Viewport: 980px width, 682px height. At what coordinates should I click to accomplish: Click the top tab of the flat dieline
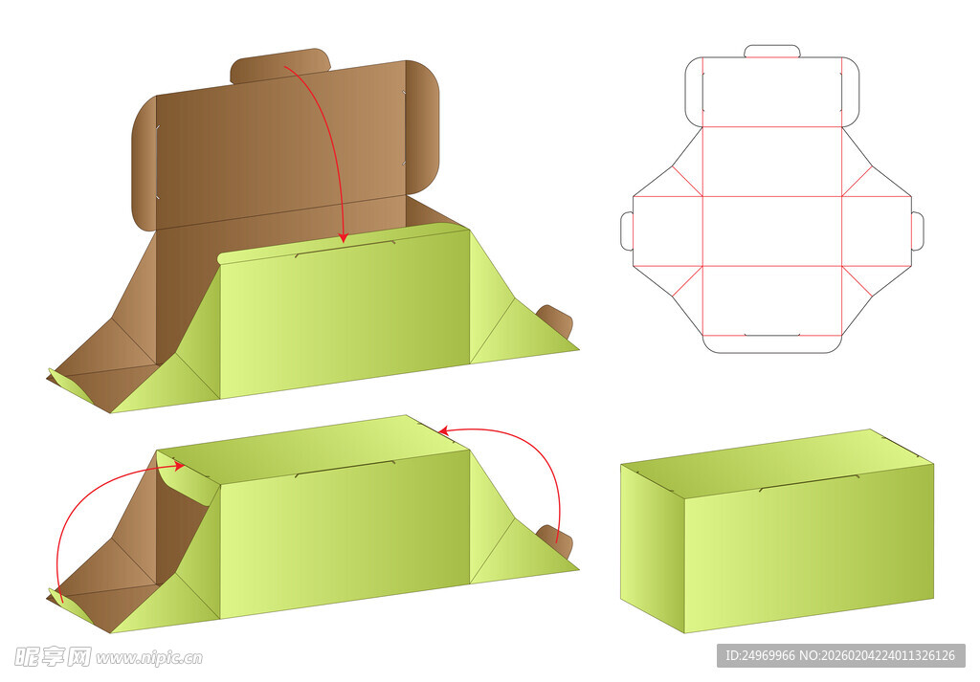click(772, 52)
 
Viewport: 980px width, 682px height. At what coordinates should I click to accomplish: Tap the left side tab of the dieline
click(627, 231)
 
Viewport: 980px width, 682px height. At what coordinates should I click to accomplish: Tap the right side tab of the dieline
click(917, 231)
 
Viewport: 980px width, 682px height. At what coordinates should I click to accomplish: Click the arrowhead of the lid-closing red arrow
click(343, 238)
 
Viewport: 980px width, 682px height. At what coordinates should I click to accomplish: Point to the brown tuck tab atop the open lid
click(279, 66)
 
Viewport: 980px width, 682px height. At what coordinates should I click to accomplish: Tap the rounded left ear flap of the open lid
click(144, 164)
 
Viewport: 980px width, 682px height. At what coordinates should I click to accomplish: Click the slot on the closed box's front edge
click(809, 483)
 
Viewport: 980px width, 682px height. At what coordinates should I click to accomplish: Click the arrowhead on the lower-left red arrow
click(179, 466)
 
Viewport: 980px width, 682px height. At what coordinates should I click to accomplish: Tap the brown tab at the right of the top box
click(556, 319)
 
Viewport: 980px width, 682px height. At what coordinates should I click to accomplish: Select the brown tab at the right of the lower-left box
click(556, 539)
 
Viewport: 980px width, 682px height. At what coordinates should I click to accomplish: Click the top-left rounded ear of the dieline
click(694, 93)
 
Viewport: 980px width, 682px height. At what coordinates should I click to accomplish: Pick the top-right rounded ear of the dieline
click(851, 93)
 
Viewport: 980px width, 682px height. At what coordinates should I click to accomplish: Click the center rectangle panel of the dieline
click(772, 231)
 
